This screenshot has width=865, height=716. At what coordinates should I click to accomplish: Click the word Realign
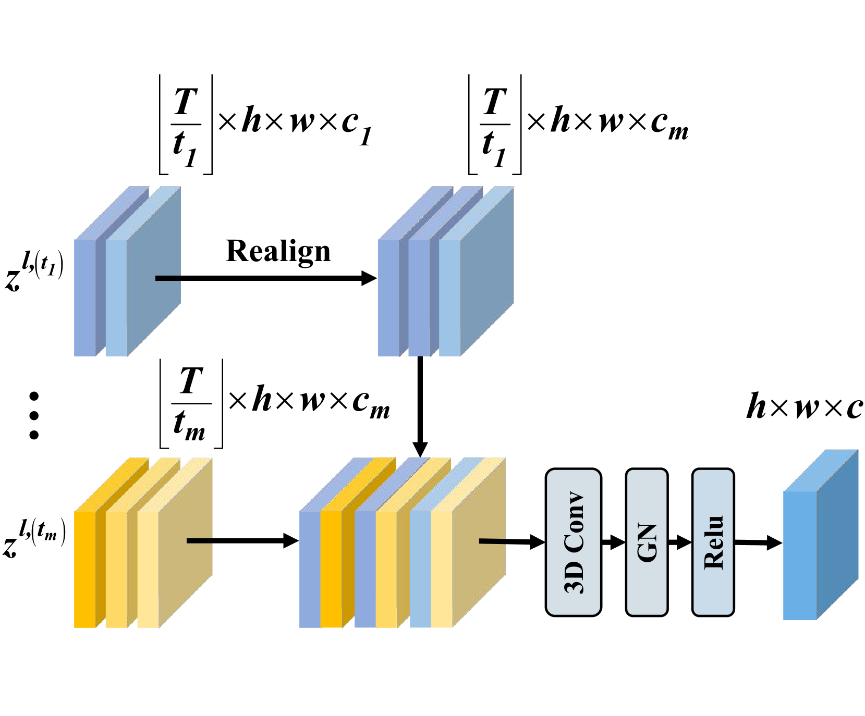[278, 251]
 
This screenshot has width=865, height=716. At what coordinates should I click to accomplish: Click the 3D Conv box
[573, 542]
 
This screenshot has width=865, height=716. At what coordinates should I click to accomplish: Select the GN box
[647, 542]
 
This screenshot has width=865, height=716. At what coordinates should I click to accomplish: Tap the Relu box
[713, 542]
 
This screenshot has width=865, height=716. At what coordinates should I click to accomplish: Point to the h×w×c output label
[804, 407]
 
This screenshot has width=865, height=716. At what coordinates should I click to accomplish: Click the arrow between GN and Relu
[679, 542]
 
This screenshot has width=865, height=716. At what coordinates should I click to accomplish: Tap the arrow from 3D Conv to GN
[613, 542]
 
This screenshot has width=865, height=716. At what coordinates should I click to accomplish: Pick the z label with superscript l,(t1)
[34, 271]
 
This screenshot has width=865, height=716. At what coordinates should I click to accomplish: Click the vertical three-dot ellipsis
[34, 415]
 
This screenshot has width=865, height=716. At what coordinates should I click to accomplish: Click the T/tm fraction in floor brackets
[191, 403]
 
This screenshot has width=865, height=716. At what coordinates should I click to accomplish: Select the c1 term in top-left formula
[357, 126]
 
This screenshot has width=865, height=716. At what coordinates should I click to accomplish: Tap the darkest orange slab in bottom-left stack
[85, 568]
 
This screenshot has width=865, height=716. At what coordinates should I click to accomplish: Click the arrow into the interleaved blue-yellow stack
[242, 540]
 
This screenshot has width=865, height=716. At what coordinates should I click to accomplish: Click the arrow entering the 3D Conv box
[511, 542]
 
